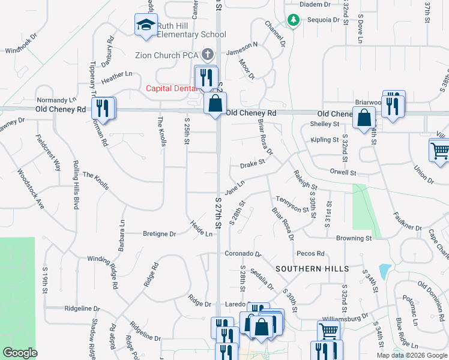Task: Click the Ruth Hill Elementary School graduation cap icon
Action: point(145,25)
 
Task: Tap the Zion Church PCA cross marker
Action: point(208,55)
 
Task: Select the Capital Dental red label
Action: point(172,88)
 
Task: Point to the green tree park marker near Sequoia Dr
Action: point(292,20)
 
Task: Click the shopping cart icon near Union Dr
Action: point(439,151)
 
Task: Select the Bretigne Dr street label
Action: point(160,233)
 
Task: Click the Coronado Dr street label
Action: point(243,254)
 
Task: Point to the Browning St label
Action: point(354,238)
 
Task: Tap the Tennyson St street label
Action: point(292,204)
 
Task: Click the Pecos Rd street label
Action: point(311,254)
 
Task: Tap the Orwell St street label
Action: point(343,172)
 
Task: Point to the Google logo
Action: point(20,353)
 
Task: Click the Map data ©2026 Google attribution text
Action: point(412,355)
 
